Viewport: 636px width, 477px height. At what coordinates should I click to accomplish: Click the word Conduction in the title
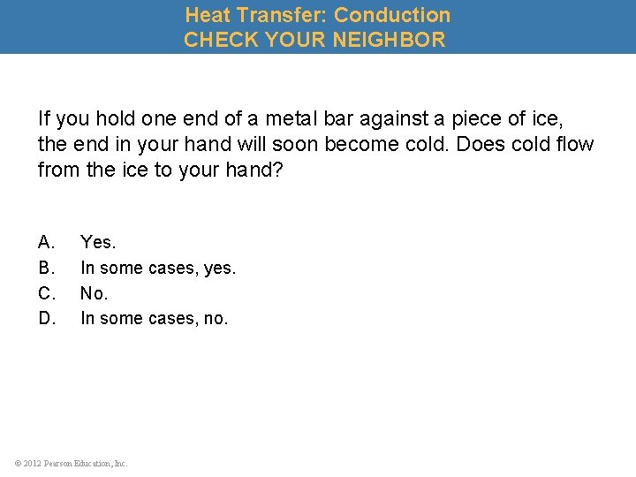click(x=391, y=15)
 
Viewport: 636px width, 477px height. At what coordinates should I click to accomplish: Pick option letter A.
click(x=47, y=241)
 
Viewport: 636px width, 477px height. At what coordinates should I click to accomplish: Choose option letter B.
click(x=47, y=267)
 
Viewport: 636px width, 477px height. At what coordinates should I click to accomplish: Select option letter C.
click(x=47, y=292)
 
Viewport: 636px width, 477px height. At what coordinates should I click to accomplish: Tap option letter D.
click(x=47, y=318)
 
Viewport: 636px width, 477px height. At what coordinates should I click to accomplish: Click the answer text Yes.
click(x=98, y=241)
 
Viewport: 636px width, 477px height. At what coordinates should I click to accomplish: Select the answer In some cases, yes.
click(x=158, y=267)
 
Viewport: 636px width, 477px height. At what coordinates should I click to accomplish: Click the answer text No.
click(x=94, y=292)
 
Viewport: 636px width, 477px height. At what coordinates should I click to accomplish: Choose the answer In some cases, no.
click(x=154, y=318)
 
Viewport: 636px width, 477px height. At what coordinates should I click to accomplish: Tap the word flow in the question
click(x=575, y=144)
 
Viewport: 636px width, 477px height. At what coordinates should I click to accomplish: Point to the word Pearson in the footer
click(x=64, y=463)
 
